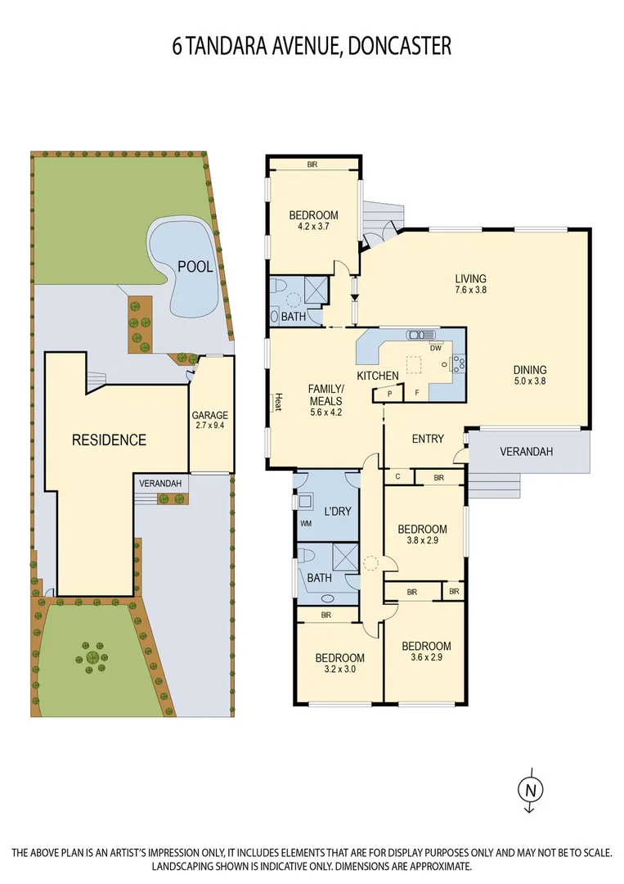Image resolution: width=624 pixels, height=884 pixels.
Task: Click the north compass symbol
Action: pos(529,789)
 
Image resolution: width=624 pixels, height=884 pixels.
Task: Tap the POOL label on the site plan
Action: pos(195,266)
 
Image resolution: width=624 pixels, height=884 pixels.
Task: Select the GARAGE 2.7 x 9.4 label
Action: pos(209,420)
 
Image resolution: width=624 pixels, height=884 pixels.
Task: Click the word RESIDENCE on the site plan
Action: pos(109,440)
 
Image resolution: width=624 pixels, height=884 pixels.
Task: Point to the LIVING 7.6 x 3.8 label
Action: pos(470,283)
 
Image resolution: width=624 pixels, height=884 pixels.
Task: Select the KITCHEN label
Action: pos(377,376)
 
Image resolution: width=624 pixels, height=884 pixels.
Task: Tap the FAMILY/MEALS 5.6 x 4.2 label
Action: pos(326,400)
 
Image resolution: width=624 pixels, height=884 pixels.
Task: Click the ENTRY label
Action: pos(428,440)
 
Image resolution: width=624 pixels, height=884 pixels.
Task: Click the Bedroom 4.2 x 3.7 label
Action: pos(313,221)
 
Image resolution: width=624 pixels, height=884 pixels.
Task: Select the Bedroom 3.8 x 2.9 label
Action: pos(422,534)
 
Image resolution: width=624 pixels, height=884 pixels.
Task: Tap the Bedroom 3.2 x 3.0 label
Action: pos(340,663)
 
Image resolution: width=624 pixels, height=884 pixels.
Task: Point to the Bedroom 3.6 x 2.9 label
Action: pos(426,652)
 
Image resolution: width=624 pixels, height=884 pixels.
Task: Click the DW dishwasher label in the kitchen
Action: pos(435,347)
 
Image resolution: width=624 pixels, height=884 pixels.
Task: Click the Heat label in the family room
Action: pos(278,402)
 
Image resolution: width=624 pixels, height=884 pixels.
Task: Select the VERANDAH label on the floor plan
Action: pos(527,452)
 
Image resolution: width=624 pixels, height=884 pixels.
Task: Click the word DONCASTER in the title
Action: pos(399,46)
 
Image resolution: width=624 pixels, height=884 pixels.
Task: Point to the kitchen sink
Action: pos(422,334)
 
